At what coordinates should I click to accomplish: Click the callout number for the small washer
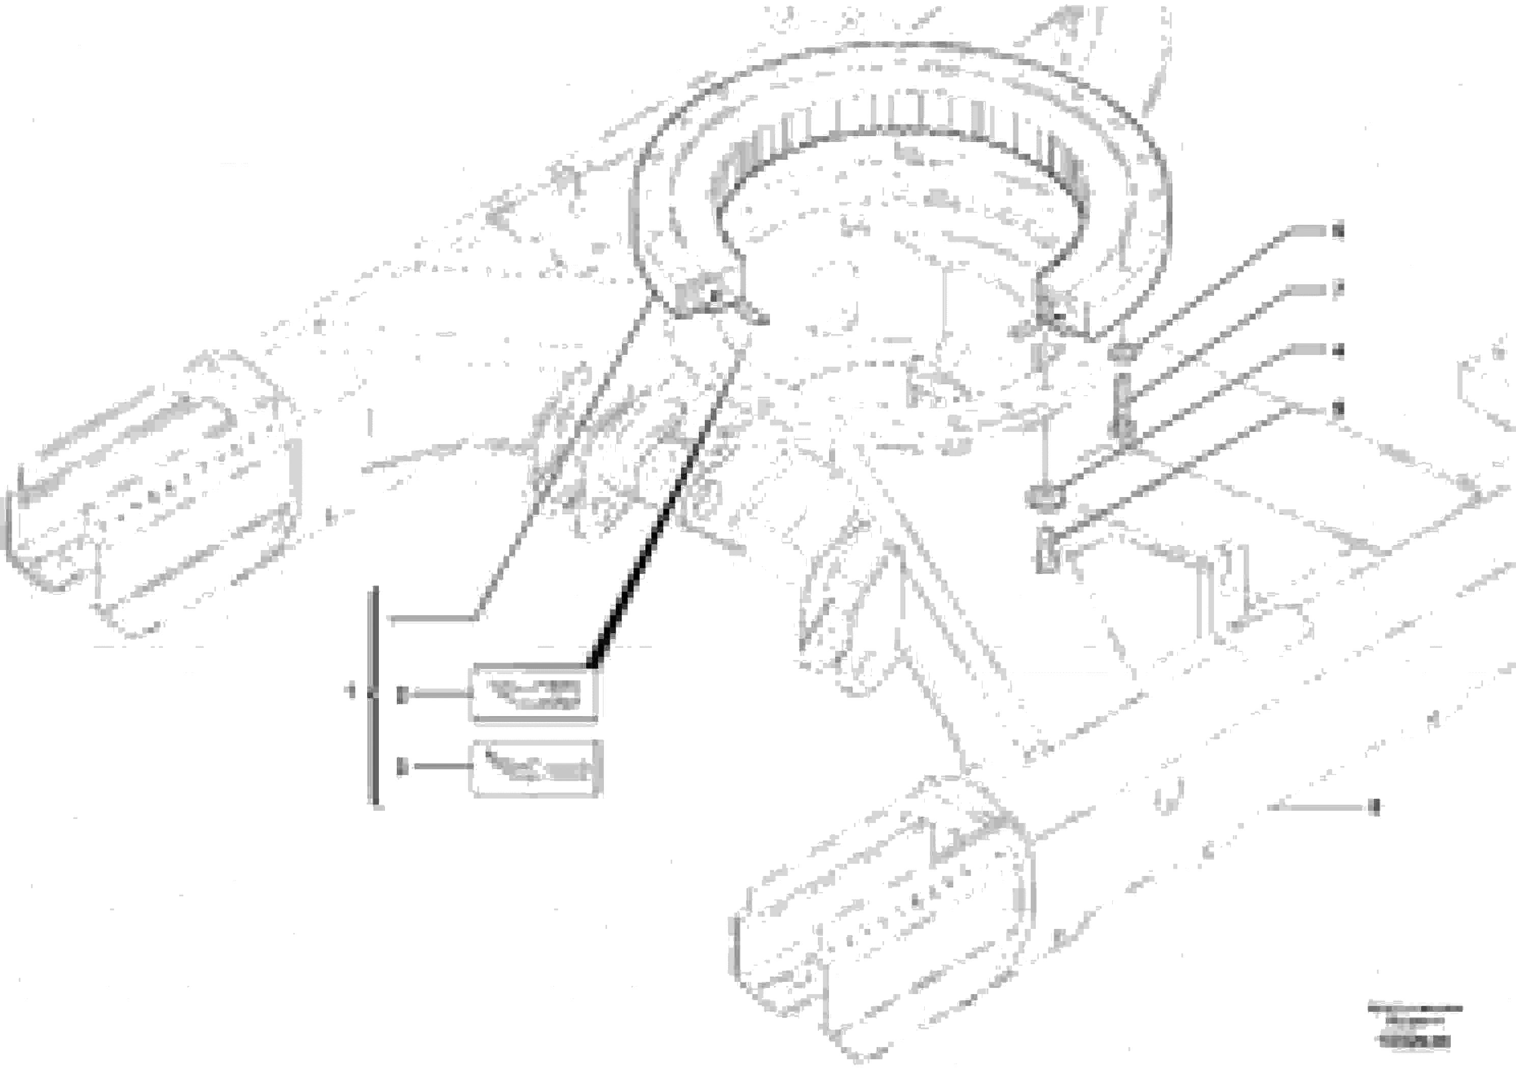click(1338, 232)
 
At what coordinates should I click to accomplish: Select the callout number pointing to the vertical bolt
click(1338, 290)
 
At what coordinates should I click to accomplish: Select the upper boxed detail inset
click(534, 694)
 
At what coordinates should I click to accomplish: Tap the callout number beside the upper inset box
click(401, 695)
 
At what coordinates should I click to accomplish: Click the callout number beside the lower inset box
click(401, 767)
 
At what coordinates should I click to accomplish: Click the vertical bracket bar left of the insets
click(374, 695)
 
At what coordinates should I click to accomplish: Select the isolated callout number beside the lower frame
click(1375, 807)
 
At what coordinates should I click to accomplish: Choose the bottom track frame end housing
click(878, 924)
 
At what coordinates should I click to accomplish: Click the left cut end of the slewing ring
click(693, 297)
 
